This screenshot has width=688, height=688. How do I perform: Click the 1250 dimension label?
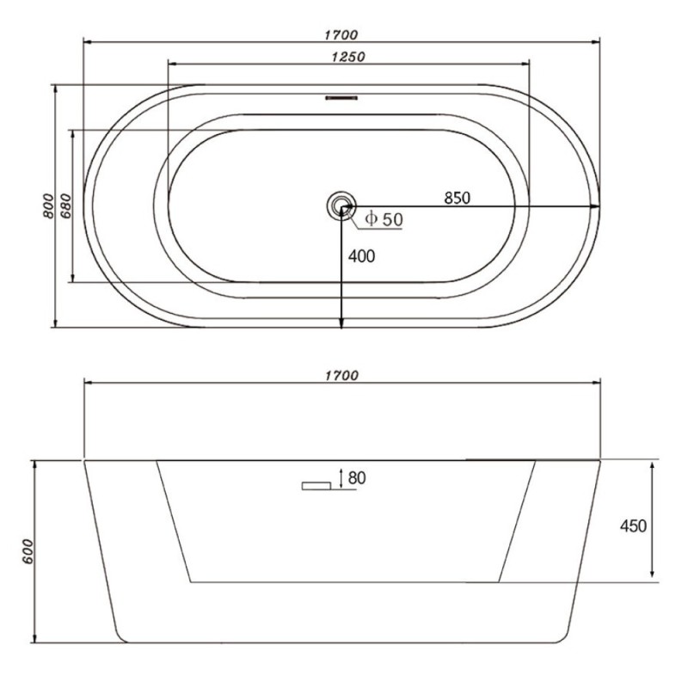pyautogui.click(x=348, y=57)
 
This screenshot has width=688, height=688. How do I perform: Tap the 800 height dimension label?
pyautogui.click(x=48, y=206)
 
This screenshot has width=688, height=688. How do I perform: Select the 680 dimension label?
pyautogui.click(x=65, y=206)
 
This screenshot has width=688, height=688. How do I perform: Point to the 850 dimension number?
pyautogui.click(x=457, y=198)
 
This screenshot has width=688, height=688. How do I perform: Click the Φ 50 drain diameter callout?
pyautogui.click(x=384, y=219)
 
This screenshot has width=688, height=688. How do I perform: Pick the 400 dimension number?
pyautogui.click(x=361, y=256)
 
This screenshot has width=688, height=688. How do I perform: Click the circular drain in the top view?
pyautogui.click(x=341, y=206)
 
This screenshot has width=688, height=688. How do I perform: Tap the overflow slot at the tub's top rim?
pyautogui.click(x=341, y=98)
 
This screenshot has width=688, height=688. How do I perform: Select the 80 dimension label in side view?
pyautogui.click(x=357, y=478)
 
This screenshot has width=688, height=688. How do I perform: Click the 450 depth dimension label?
pyautogui.click(x=633, y=525)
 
